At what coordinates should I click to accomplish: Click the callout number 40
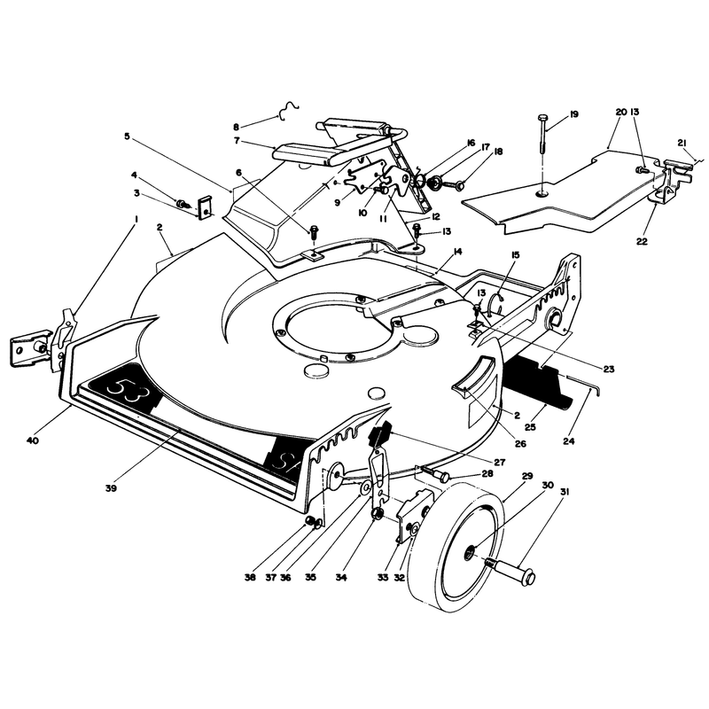33,440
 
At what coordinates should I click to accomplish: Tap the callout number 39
111,488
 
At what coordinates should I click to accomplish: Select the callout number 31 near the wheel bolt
565,492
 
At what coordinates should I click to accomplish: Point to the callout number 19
573,114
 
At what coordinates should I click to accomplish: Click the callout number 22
642,241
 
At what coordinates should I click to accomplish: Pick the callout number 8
236,127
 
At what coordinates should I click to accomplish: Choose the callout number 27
500,462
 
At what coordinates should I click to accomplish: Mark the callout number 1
136,219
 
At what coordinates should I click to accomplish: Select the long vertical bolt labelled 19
542,134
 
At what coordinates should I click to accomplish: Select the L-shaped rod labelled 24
583,385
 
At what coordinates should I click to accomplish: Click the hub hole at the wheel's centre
471,552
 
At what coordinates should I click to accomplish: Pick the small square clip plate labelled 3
206,207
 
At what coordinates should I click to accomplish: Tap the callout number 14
457,252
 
